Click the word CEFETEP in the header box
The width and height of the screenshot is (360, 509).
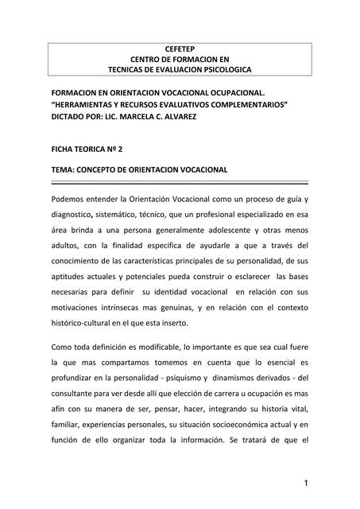[180, 49]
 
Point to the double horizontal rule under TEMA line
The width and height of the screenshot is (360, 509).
[180, 182]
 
